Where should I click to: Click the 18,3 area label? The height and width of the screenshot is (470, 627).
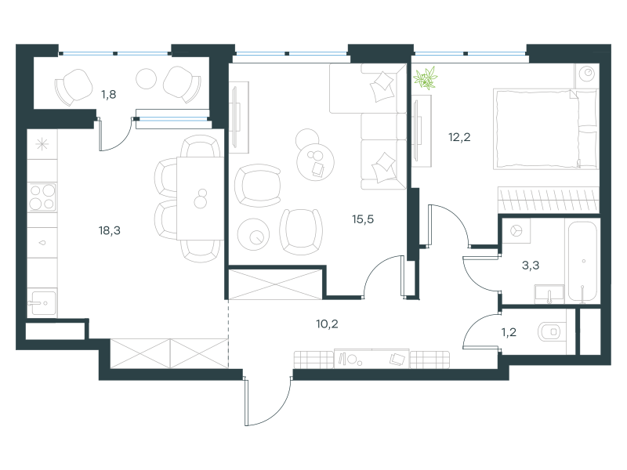click(x=109, y=230)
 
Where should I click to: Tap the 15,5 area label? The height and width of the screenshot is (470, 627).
click(x=363, y=219)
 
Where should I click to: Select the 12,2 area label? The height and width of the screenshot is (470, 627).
click(x=459, y=138)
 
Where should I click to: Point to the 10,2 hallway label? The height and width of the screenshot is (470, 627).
click(x=327, y=324)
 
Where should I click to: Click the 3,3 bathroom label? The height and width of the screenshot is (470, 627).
click(x=531, y=266)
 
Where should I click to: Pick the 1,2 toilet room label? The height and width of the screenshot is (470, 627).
click(x=509, y=332)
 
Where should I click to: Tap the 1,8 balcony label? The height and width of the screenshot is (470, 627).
click(x=108, y=95)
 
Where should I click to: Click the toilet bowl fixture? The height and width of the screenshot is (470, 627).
click(x=552, y=331)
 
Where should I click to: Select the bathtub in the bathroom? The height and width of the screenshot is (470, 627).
click(x=582, y=262)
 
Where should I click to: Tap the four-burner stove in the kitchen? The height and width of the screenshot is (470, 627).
click(x=42, y=197)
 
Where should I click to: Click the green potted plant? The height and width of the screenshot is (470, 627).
click(x=426, y=78)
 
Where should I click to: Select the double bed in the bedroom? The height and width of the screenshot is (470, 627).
click(x=545, y=128)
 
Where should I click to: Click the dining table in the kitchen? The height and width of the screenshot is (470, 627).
click(x=200, y=198)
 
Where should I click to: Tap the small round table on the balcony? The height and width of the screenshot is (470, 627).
click(x=146, y=79)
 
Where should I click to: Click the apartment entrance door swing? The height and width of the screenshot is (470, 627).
click(x=267, y=401)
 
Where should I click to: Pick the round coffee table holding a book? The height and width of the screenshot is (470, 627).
click(x=316, y=161)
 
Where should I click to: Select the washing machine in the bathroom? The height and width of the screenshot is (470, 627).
click(x=516, y=230)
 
